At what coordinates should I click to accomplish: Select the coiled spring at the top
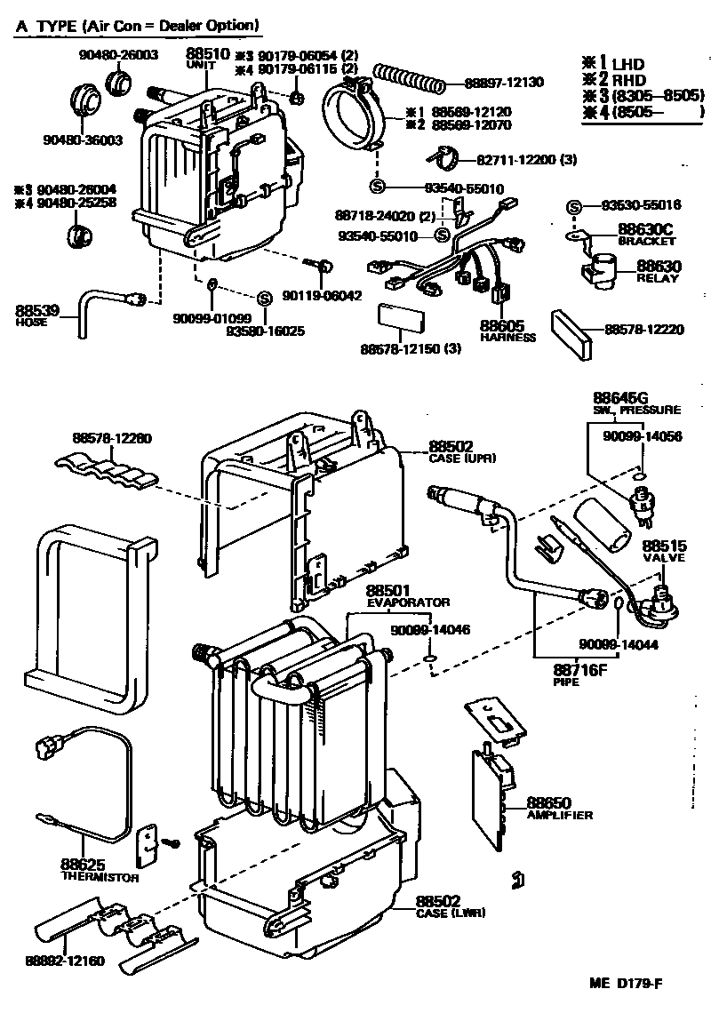pos(410,77)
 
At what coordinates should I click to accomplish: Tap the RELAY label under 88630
pos(657,278)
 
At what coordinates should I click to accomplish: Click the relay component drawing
pos(602,267)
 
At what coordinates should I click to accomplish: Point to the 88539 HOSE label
pos(37,315)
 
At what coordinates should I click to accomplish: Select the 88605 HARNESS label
pos(506,331)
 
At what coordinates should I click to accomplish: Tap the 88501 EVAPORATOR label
pos(395,596)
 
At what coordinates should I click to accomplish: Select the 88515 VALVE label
pos(663,551)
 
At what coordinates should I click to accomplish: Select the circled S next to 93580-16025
pos(264,299)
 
